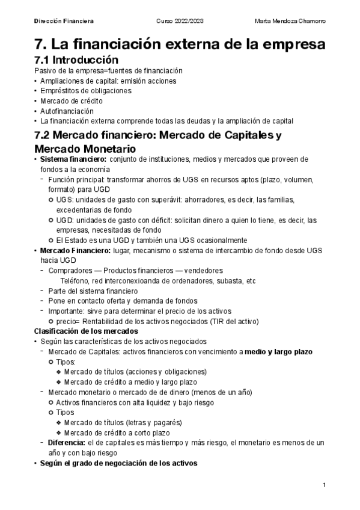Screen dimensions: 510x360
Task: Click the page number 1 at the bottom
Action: [x=324, y=485]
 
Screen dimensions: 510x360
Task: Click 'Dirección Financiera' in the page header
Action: [x=63, y=21]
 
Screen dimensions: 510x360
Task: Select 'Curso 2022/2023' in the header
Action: [x=180, y=21]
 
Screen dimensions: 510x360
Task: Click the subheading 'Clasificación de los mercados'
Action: [x=85, y=331]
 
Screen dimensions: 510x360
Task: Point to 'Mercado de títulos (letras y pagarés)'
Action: [x=122, y=423]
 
